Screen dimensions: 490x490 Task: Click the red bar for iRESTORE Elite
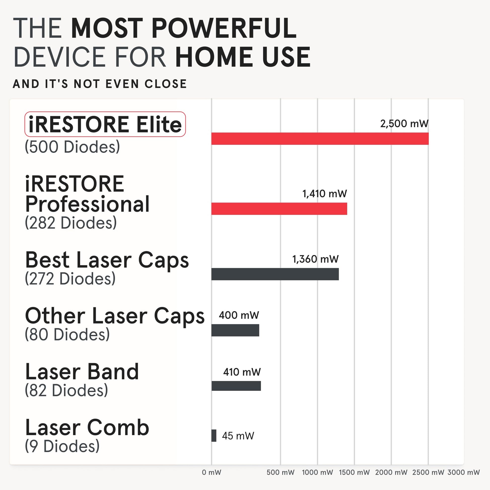point(320,139)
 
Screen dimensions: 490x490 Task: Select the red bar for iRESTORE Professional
point(279,209)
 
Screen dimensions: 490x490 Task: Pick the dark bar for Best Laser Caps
point(275,274)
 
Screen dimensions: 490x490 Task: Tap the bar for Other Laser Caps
point(235,330)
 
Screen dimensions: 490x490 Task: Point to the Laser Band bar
point(236,386)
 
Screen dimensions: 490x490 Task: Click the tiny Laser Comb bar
point(214,435)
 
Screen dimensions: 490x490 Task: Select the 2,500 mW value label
point(404,124)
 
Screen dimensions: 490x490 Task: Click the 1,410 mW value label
point(324,194)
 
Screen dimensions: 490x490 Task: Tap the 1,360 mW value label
point(315,259)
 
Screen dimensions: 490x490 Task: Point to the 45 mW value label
point(238,436)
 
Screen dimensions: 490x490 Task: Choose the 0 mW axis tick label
point(212,472)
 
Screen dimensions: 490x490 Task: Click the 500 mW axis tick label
point(280,472)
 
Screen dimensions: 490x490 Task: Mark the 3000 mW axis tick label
point(463,472)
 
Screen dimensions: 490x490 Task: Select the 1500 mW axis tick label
point(354,472)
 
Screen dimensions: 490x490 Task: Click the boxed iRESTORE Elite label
point(105,124)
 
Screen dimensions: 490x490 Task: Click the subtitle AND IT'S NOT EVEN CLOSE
point(100,84)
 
